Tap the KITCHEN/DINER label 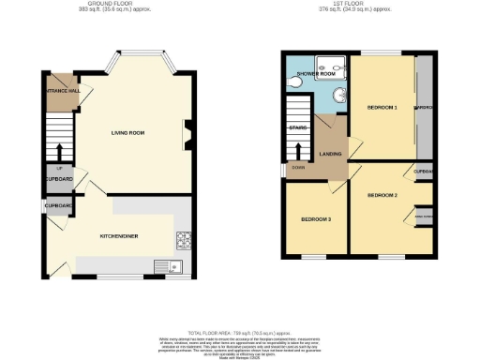tap(119, 235)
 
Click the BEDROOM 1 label tap(382, 108)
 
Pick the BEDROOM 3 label tap(315, 219)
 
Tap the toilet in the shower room tap(295, 83)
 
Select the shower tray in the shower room tap(331, 64)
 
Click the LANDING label tap(330, 153)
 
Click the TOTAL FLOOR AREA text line tap(239, 333)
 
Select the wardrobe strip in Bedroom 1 tap(424, 106)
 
